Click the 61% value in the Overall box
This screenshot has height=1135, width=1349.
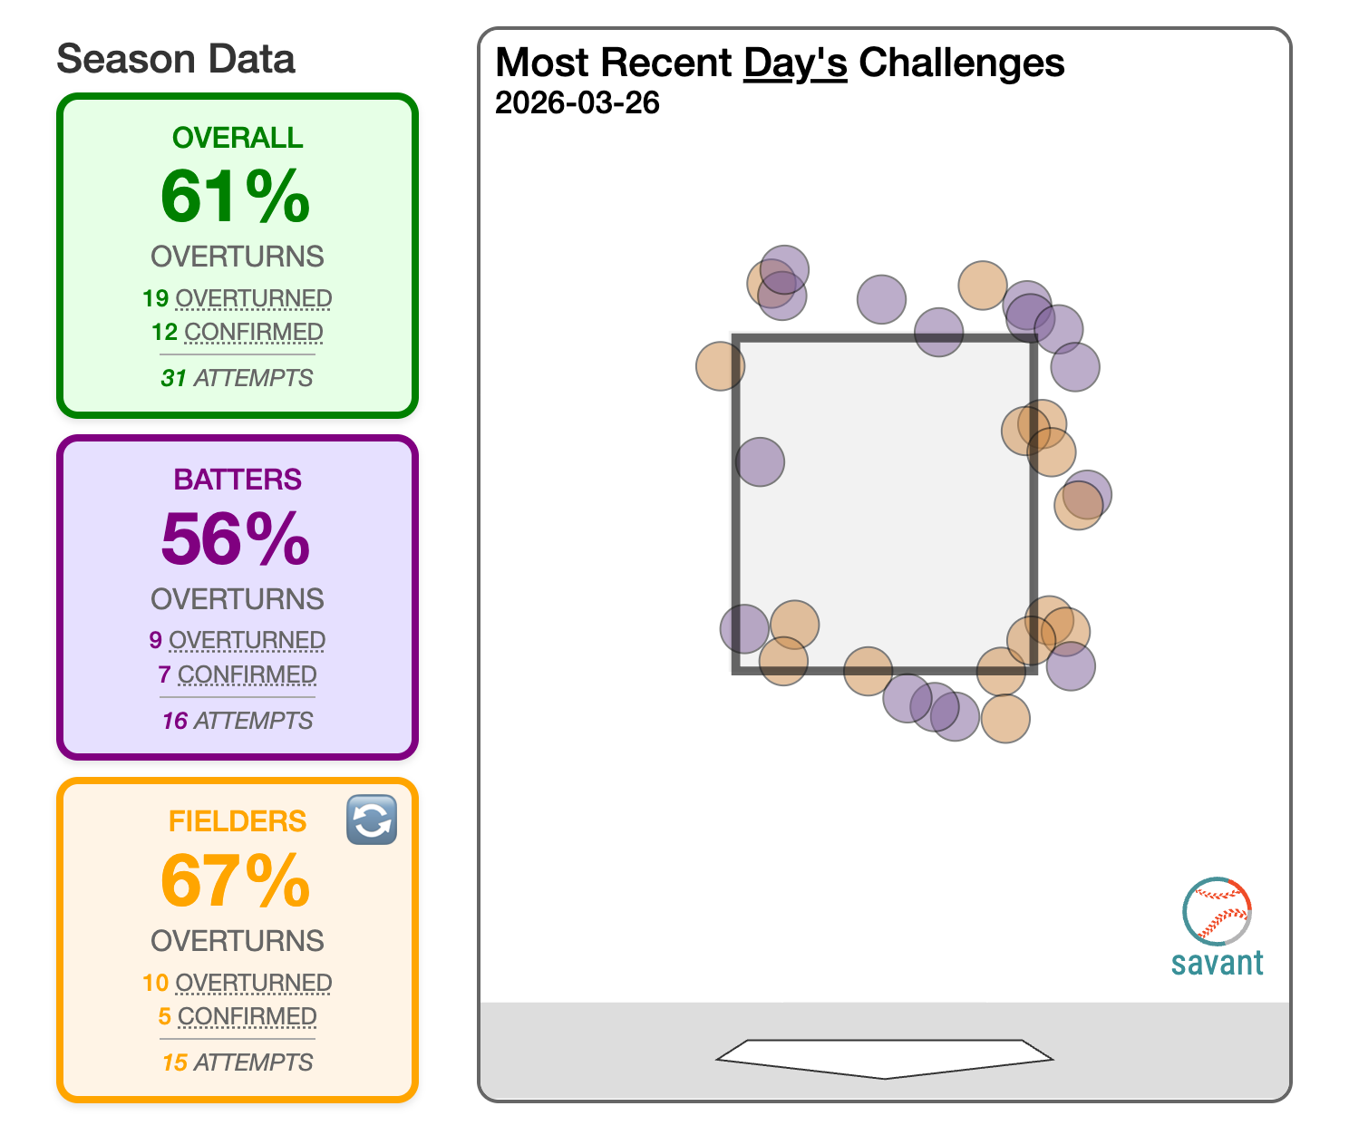(236, 197)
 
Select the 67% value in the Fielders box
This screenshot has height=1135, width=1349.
(236, 880)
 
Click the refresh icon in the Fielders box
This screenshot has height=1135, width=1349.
(372, 820)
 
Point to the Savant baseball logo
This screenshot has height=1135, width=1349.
(1217, 910)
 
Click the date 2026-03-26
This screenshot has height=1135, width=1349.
(577, 103)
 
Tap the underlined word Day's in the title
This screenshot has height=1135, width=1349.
(795, 63)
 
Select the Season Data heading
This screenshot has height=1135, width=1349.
(176, 60)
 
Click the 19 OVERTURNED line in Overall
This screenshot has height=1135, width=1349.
(238, 298)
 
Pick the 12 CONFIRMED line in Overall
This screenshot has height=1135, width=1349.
(238, 332)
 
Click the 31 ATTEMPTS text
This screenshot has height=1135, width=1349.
(238, 378)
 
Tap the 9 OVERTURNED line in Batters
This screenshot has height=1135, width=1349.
(238, 640)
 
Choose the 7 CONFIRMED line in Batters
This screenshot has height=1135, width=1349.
(238, 674)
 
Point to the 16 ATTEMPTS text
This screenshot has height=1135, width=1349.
(238, 721)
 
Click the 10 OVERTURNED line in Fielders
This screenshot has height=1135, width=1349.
(238, 983)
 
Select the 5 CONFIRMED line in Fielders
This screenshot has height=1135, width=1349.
(238, 1016)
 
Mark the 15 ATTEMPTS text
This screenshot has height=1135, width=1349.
(238, 1062)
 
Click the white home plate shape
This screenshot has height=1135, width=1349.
(885, 1057)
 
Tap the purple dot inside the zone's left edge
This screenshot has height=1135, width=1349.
(760, 462)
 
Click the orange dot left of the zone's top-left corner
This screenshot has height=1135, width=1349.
(720, 365)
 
